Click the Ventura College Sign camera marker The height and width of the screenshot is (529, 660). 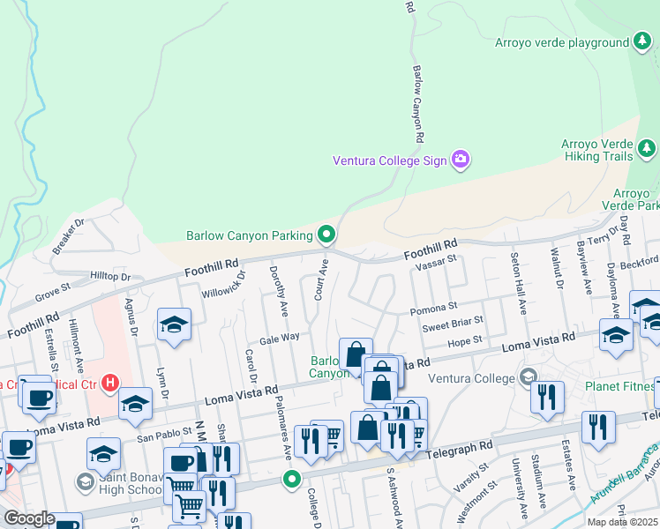(460, 160)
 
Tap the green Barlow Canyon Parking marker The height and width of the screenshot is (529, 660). (326, 235)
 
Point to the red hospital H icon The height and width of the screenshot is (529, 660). (110, 383)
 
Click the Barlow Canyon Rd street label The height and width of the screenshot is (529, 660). (419, 104)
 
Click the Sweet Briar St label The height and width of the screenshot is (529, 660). (453, 323)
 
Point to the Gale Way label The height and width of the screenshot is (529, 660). (280, 338)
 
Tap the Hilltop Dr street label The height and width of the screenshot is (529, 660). (110, 276)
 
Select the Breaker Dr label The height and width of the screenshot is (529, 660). (68, 236)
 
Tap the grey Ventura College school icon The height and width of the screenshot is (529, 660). (529, 377)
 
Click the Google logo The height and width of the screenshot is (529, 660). (28, 518)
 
